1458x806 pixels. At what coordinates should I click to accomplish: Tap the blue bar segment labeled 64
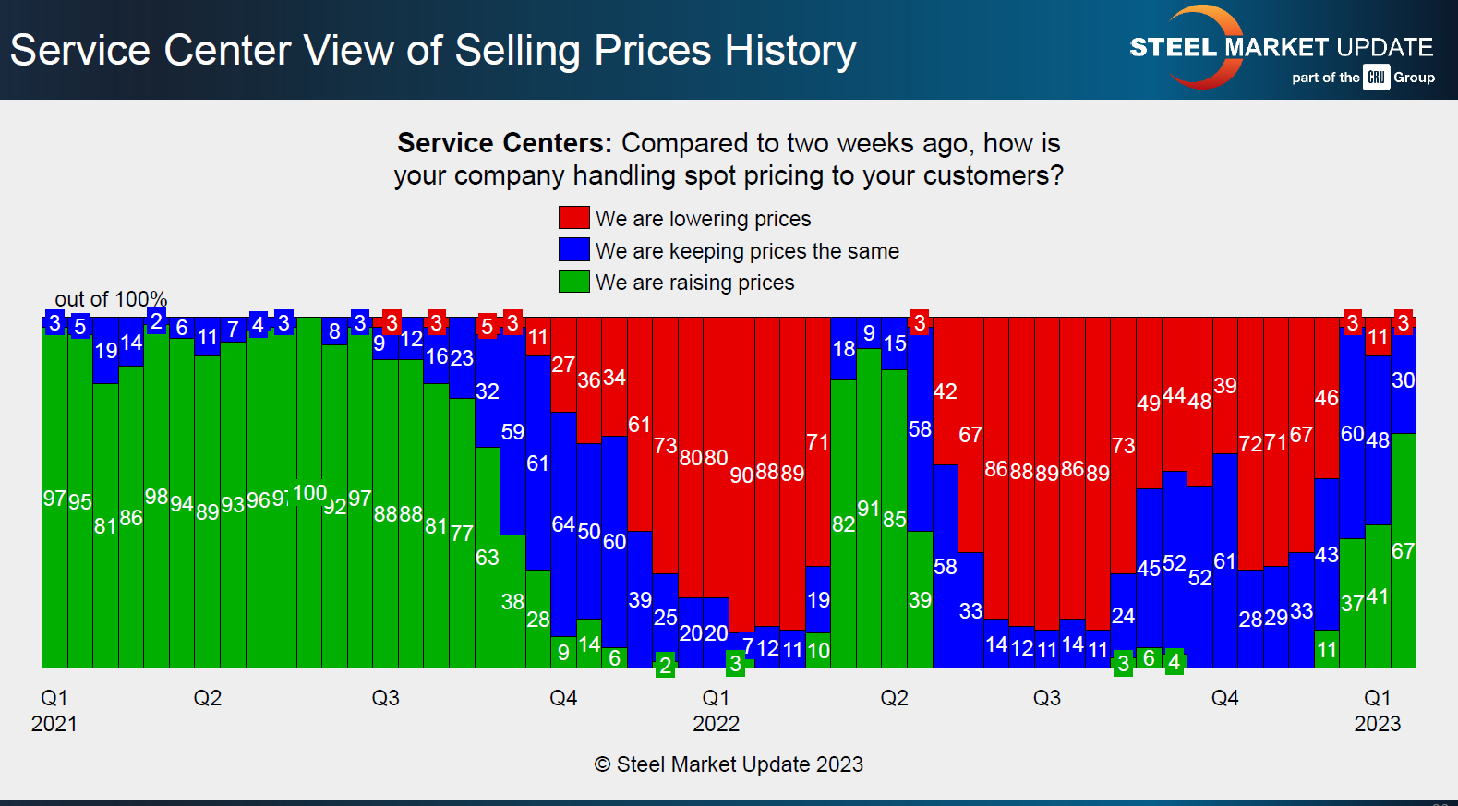(x=563, y=524)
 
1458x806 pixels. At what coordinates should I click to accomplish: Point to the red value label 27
(x=563, y=365)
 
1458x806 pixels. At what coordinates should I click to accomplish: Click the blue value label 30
(x=1403, y=380)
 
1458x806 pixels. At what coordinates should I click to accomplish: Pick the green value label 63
(x=487, y=558)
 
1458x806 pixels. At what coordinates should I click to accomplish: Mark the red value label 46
(x=1326, y=398)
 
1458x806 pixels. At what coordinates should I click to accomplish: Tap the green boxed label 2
(x=665, y=665)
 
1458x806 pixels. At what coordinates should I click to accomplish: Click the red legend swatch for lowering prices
(x=573, y=218)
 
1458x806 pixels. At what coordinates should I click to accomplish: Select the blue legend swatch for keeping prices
(x=573, y=250)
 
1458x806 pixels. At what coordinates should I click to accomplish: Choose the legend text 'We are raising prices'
(x=694, y=283)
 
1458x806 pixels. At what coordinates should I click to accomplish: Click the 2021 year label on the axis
(x=54, y=724)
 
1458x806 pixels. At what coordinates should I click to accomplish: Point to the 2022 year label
(x=716, y=724)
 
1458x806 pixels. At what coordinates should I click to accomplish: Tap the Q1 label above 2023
(x=1377, y=698)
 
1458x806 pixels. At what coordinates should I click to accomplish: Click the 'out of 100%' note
(x=111, y=299)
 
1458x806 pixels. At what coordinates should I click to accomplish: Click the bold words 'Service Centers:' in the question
(x=504, y=143)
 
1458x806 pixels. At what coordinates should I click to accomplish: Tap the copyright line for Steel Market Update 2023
(x=729, y=764)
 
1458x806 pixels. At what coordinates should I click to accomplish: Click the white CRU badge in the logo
(x=1376, y=78)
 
